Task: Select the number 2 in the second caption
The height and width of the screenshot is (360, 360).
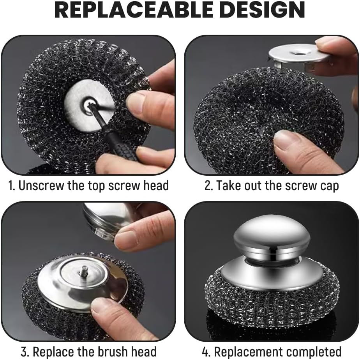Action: [208, 185]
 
